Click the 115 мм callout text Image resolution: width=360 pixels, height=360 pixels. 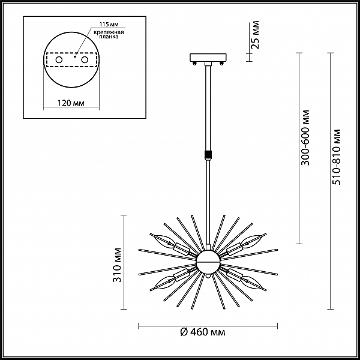pos(109,25)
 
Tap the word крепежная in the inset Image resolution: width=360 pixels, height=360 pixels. pos(109,32)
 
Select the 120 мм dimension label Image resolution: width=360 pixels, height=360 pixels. pos(71,103)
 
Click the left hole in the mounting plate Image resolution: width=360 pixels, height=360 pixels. pos(59,60)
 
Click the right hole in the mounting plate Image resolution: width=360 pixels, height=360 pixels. pos(85,60)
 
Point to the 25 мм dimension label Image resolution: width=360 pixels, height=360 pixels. pos(256,35)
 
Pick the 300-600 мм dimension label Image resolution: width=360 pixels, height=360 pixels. pos(305,138)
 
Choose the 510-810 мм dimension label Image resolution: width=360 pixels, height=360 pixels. pos(337,157)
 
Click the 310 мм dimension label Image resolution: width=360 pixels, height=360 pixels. pos(117,265)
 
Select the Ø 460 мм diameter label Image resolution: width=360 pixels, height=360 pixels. pos(203,332)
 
